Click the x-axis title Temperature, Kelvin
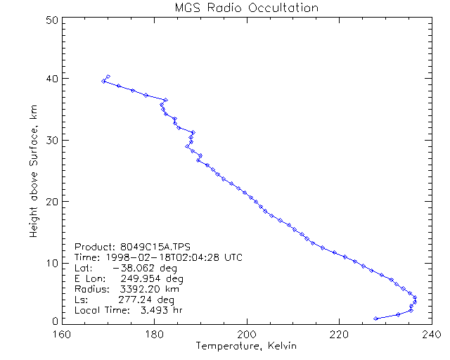tap(246, 346)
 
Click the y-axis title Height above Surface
tap(34, 172)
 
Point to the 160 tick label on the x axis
tap(63, 333)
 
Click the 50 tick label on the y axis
tap(51, 20)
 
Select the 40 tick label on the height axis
tap(51, 79)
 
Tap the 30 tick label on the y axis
tap(51, 141)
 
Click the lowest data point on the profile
tap(376, 319)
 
